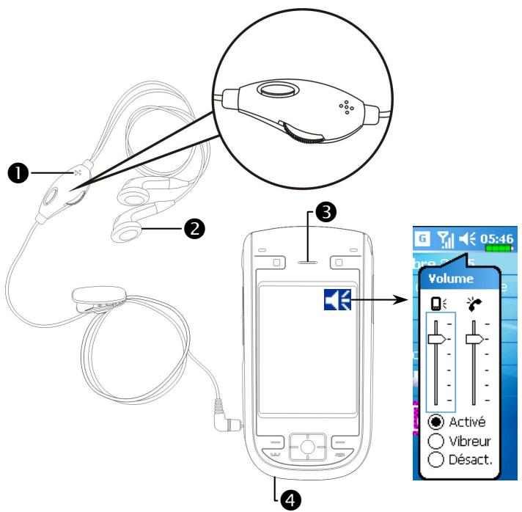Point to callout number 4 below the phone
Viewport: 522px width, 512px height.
(291, 499)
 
